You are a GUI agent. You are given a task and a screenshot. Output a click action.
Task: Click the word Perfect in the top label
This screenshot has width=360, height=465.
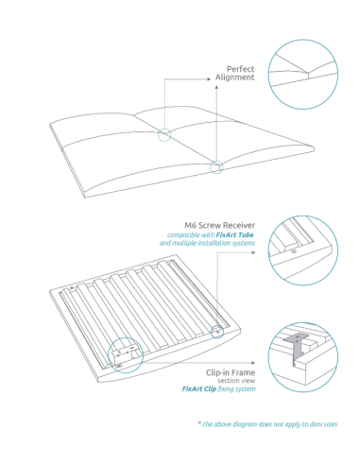pos(240,69)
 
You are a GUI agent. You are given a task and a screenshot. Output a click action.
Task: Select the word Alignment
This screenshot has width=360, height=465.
pos(235,77)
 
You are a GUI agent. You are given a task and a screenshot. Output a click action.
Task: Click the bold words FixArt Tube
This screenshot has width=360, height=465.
pos(235,234)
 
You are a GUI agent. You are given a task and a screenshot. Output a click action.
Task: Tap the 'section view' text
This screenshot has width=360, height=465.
pos(234,381)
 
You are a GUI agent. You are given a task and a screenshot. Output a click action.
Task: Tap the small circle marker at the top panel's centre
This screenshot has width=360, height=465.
pos(164,135)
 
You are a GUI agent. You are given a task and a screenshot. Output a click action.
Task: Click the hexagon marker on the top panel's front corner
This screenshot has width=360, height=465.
pos(217,168)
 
